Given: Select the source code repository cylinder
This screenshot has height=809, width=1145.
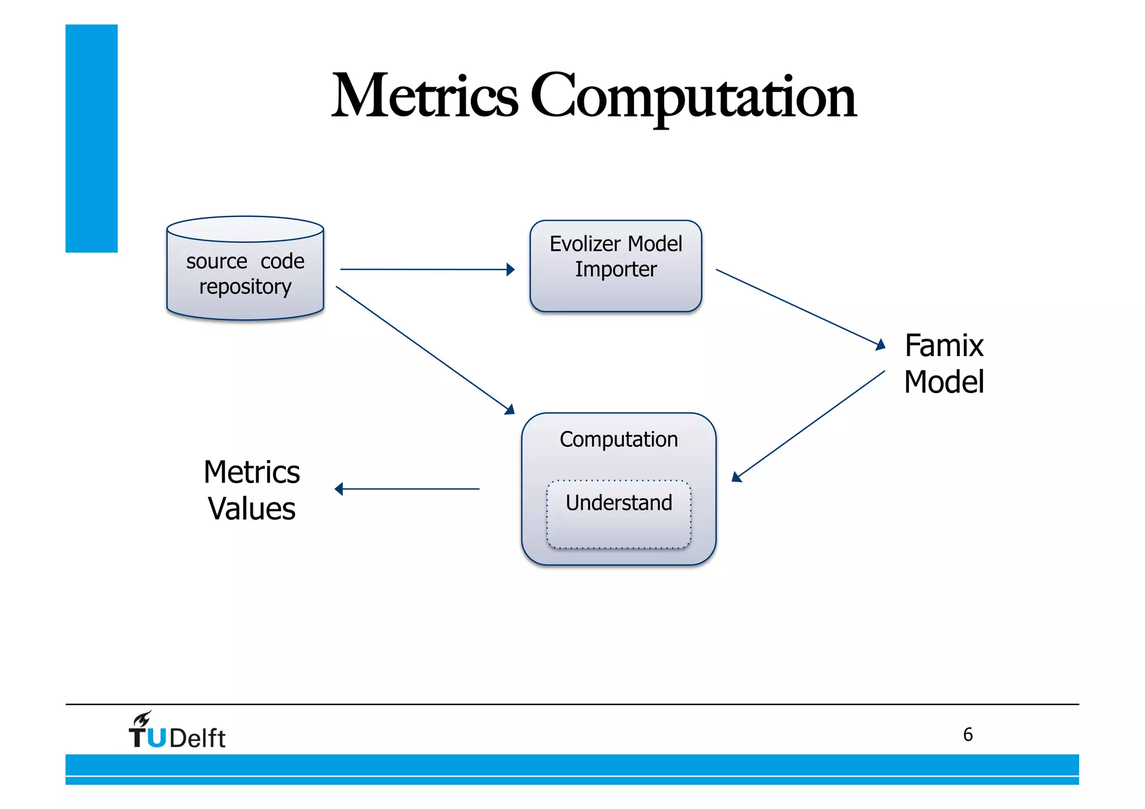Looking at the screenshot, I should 245,268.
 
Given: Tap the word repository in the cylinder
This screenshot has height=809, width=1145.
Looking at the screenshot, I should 245,287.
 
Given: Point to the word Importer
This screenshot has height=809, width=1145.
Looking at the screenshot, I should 616,269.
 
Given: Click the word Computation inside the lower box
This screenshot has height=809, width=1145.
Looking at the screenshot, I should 618,439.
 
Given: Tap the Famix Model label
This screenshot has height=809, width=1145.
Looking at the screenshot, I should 944,363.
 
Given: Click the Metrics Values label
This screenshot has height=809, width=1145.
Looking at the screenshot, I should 252,490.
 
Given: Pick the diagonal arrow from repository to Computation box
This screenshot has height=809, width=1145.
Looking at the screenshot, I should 425,350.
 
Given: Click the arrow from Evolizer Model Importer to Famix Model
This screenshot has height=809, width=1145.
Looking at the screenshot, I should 799,309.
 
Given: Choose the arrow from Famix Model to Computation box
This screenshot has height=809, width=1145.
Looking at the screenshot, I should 808,426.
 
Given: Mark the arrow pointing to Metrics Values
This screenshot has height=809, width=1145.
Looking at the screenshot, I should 407,489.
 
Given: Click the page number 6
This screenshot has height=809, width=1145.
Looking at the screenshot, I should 968,734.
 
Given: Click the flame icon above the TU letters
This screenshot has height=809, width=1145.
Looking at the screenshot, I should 142,719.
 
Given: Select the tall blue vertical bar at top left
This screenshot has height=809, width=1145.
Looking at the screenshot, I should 91,138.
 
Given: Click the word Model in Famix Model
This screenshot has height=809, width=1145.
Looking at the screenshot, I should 944,382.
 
